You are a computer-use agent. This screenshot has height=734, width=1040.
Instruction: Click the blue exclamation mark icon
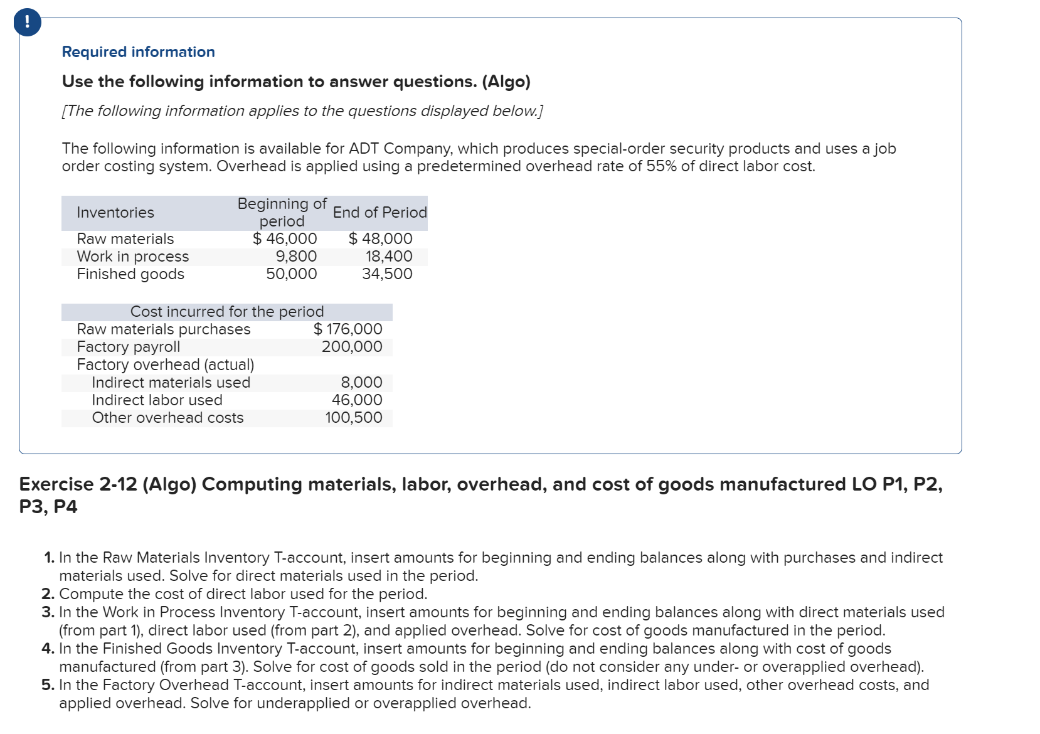(27, 23)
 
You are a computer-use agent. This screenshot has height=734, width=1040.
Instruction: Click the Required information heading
(138, 52)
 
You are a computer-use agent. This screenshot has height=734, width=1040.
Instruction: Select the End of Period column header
(379, 213)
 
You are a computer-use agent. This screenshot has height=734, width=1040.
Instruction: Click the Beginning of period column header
(282, 213)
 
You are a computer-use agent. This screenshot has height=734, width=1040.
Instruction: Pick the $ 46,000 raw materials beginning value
(285, 239)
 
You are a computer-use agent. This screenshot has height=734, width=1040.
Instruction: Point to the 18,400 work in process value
(389, 257)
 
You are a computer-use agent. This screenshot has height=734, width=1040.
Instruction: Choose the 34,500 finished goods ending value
(387, 274)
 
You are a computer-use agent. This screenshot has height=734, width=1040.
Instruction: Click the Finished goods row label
(130, 274)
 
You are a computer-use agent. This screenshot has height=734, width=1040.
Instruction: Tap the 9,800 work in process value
(296, 257)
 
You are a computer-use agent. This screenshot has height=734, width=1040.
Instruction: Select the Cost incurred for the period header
(227, 312)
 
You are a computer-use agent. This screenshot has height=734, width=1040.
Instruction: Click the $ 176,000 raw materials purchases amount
(348, 329)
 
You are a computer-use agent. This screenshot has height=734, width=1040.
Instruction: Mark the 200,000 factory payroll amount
(352, 347)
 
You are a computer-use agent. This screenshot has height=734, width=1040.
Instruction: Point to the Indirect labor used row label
(157, 400)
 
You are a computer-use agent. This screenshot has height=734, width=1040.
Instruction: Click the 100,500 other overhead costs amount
(354, 418)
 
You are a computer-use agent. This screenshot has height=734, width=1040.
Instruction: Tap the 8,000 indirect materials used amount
(361, 383)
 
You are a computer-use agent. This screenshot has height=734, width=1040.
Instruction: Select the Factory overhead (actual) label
(165, 365)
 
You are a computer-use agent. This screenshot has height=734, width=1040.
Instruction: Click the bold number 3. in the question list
(48, 612)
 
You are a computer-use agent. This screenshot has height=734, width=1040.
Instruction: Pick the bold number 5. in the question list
(48, 685)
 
